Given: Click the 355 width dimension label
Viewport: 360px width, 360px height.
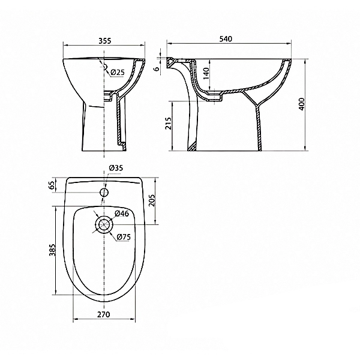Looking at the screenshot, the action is point(104,41).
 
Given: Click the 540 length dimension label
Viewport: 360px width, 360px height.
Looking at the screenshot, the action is point(226,39).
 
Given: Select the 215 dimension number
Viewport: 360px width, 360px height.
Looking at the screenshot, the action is point(169,123).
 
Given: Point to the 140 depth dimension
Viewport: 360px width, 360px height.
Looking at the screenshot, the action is point(206,73).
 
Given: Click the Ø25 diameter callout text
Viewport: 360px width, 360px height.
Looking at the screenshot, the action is point(118,73).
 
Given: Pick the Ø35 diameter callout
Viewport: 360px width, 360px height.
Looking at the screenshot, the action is point(116,168).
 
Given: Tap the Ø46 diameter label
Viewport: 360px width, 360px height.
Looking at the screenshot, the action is point(122,213).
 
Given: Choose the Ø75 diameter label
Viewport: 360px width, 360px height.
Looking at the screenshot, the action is point(124,237).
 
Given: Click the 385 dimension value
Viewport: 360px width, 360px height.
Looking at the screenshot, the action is point(53,250).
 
